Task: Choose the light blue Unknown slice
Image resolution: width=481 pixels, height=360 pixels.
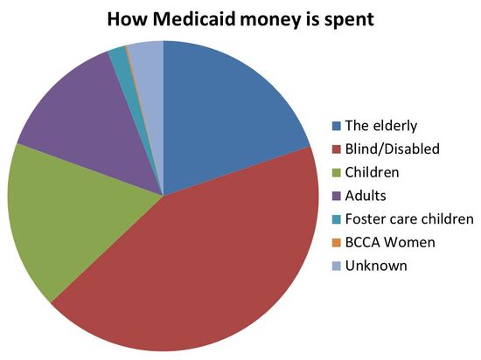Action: pyautogui.click(x=149, y=54)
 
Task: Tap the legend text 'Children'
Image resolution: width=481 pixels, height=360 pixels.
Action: pyautogui.click(x=373, y=171)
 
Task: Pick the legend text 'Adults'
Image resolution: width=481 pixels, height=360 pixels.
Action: pyautogui.click(x=366, y=195)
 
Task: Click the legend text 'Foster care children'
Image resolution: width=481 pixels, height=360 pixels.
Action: pyautogui.click(x=408, y=218)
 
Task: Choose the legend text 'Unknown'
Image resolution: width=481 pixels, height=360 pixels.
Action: pyautogui.click(x=375, y=266)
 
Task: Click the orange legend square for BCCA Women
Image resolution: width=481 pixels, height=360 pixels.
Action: pyautogui.click(x=337, y=242)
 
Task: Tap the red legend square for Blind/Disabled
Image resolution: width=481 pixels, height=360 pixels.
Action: pyautogui.click(x=337, y=148)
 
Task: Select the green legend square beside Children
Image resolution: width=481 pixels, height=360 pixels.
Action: pyautogui.click(x=337, y=171)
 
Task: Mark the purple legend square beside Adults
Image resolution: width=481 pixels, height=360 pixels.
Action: pyautogui.click(x=337, y=195)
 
